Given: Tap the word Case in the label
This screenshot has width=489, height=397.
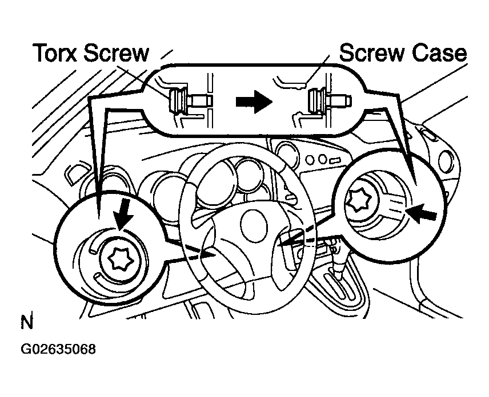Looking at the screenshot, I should tap(439, 53).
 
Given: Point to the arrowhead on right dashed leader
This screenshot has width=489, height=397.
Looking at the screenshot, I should tap(284, 244).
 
